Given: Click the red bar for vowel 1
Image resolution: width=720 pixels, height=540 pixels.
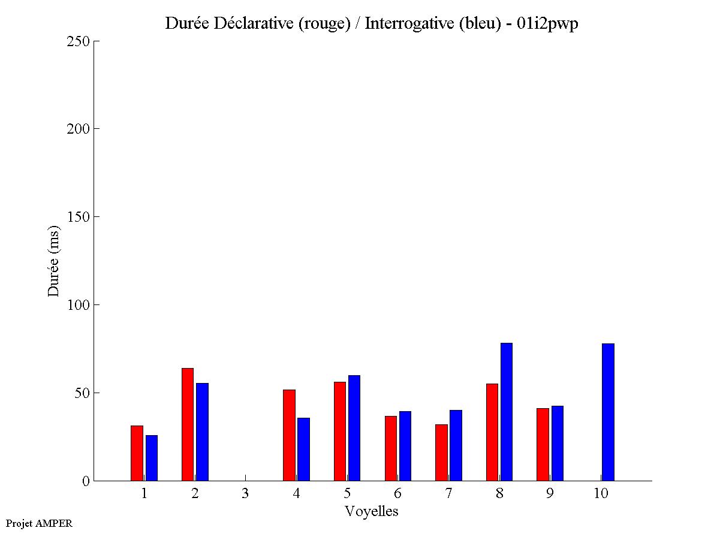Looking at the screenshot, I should tap(137, 453).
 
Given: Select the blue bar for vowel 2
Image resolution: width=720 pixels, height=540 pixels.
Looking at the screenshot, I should tap(202, 432).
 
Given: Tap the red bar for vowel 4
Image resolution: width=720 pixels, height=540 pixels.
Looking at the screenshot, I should tap(289, 435).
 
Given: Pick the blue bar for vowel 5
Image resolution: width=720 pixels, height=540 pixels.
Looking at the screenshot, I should tap(354, 428).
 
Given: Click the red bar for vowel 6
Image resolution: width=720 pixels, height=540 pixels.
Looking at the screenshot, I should tap(390, 448).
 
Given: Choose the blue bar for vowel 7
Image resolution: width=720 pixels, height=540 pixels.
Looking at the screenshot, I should tap(456, 445).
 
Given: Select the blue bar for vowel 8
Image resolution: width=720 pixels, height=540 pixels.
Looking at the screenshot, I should tap(507, 412).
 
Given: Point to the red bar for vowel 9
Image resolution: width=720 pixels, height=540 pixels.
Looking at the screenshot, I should tap(543, 444).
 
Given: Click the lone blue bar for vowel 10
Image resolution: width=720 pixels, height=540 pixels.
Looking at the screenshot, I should tap(608, 412).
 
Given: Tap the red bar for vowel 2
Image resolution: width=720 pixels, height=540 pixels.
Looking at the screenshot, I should tap(188, 424).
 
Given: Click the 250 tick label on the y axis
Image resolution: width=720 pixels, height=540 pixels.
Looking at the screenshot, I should tap(78, 41).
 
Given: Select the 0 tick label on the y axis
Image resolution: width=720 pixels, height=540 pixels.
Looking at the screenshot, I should tap(85, 481).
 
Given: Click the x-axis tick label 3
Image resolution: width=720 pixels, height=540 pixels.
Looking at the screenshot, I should tap(245, 493).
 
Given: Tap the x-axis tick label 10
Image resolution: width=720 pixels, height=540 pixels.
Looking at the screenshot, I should tap(601, 493).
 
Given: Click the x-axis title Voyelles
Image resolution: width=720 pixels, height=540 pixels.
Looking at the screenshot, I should tap(371, 511).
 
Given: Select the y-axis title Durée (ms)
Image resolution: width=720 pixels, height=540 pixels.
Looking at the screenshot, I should tap(54, 261).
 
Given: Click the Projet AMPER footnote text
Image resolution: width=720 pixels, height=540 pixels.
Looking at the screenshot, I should tap(39, 523).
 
